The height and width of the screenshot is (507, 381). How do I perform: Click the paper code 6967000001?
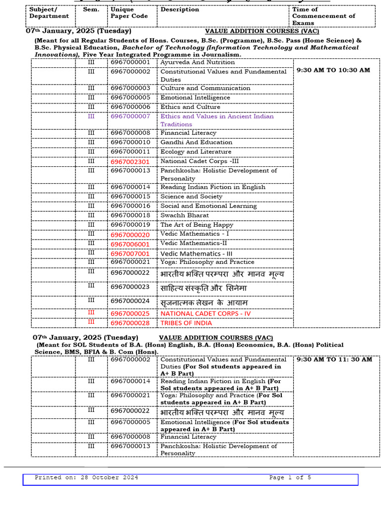[130, 62]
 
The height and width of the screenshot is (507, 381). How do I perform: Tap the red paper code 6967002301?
[130, 161]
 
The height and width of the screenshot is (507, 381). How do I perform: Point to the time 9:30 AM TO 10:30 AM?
[333, 70]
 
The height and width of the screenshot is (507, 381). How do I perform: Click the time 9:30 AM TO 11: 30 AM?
[334, 359]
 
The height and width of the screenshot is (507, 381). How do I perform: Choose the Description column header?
[180, 9]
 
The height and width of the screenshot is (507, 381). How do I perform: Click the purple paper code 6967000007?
[130, 116]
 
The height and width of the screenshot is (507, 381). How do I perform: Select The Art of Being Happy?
[196, 225]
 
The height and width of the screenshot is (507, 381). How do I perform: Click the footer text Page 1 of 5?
[290, 478]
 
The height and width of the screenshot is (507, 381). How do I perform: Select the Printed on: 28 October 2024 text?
[86, 478]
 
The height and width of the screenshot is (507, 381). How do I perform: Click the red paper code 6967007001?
[130, 253]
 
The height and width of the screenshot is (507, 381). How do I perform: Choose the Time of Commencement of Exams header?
[323, 16]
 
